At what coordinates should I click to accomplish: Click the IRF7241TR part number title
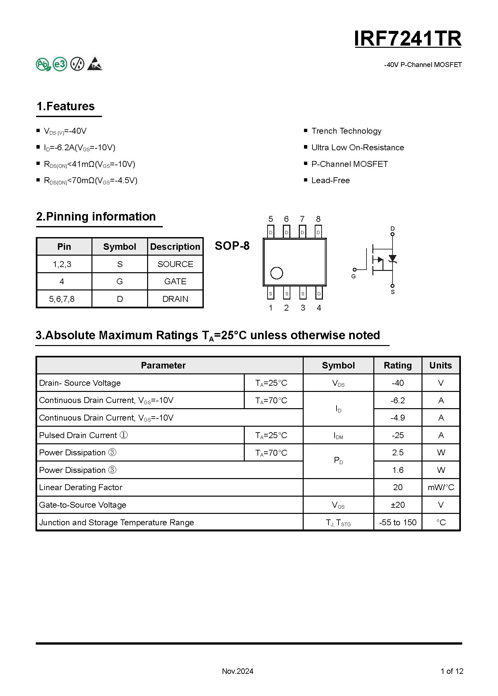coord(408,39)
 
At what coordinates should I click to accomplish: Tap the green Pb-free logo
coord(43,64)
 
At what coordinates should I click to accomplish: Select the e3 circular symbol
coord(60,64)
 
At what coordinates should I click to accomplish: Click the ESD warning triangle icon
coord(95,64)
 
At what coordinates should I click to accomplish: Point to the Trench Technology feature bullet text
coord(346,131)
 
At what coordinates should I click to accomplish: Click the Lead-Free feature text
coord(330,181)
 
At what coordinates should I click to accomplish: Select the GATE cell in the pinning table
coord(175,281)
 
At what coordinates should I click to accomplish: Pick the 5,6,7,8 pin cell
coord(62,299)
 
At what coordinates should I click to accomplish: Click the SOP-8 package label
coord(232,246)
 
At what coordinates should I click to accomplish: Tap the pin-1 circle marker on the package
coord(277,273)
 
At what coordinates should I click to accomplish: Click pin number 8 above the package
coord(318,219)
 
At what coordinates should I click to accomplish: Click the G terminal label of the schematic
coord(353,276)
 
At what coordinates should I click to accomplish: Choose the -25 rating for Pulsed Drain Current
coord(398,435)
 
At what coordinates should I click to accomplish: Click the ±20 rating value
coord(398,505)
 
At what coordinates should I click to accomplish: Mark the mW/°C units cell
coord(441,487)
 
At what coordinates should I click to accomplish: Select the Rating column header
coord(398,365)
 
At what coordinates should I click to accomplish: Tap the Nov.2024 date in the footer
coord(238,671)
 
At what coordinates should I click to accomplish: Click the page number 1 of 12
coord(452,671)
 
